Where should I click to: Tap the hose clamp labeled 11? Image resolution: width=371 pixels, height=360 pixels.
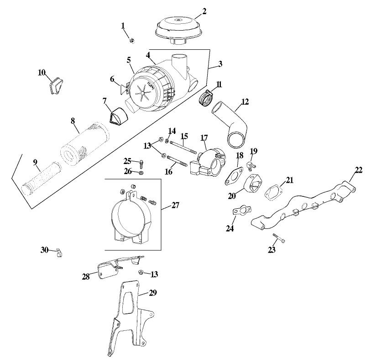coord(207,97)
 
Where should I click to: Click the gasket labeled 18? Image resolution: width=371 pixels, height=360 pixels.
coord(233,177)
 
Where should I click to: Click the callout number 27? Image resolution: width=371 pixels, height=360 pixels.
coord(175,205)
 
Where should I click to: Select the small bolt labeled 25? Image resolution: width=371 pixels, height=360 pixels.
coord(141,163)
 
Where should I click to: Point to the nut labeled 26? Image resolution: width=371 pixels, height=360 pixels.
coord(141,173)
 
